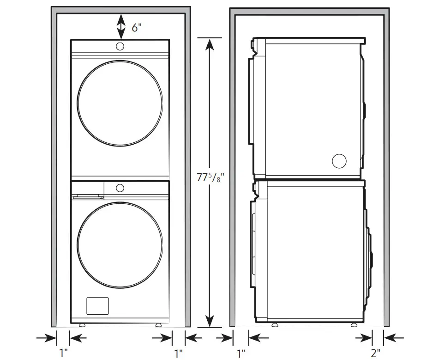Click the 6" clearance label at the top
pyautogui.click(x=136, y=27)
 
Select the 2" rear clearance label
pyautogui.click(x=376, y=354)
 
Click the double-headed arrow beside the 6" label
pyautogui.click(x=120, y=26)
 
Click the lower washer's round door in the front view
pyautogui.click(x=120, y=243)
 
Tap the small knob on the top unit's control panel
pyautogui.click(x=120, y=46)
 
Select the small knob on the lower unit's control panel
pyautogui.click(x=120, y=188)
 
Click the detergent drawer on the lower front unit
pyautogui.click(x=87, y=190)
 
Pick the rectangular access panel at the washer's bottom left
pyautogui.click(x=97, y=306)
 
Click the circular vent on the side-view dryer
pyautogui.click(x=339, y=161)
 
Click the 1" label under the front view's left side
pyautogui.click(x=64, y=354)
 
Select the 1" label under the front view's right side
pyautogui.click(x=178, y=354)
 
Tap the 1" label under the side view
pyautogui.click(x=241, y=354)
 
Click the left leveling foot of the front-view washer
pyautogui.click(x=82, y=325)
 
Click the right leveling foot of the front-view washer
pyautogui.click(x=158, y=325)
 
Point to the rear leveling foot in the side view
pyautogui.click(x=356, y=325)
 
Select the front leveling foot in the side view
pyautogui.click(x=275, y=325)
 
